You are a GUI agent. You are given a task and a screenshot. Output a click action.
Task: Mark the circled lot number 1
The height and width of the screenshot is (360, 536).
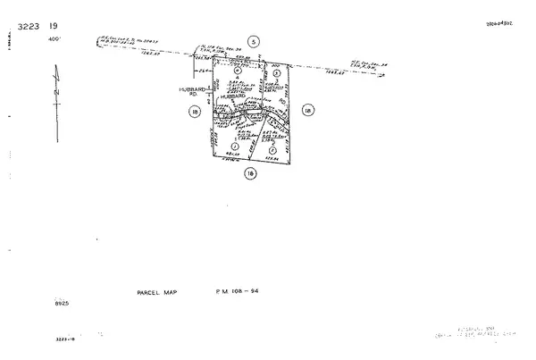tap(234, 146)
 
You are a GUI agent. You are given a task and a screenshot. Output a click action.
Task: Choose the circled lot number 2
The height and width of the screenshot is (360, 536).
tap(272, 150)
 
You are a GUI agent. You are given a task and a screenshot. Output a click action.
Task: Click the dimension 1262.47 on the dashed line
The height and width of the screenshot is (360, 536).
tap(172, 54)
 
